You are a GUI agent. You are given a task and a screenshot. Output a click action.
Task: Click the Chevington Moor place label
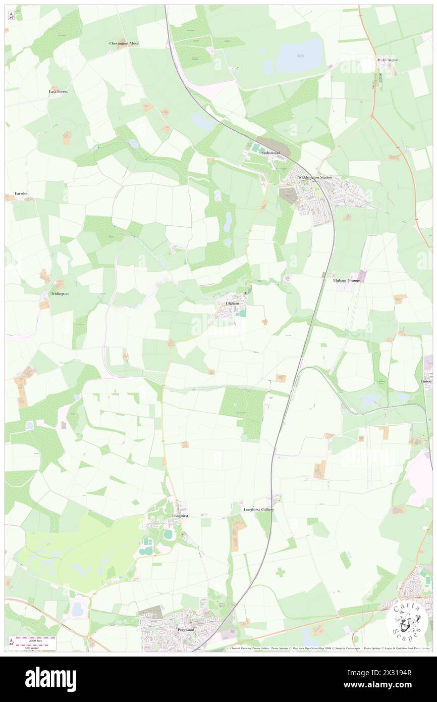pos(124,43)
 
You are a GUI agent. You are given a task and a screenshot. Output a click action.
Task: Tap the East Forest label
pos(58,91)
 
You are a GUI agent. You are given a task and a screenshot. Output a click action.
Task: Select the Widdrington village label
pos(388,60)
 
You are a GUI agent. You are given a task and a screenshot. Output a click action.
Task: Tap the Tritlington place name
pos(60,293)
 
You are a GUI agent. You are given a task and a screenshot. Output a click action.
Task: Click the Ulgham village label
pos(232,303)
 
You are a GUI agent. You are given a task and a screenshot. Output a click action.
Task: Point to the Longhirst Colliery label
pos(259,510)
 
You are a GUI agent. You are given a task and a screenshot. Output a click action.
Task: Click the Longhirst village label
pos(180,516)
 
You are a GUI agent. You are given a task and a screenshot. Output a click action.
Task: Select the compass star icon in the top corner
pos(12,16)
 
